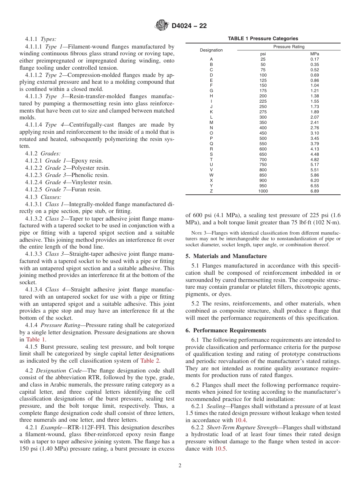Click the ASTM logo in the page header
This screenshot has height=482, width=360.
(x=162, y=25)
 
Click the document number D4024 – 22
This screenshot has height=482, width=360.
(x=189, y=26)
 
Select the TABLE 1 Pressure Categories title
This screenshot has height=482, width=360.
(x=263, y=39)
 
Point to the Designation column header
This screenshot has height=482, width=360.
(x=211, y=50)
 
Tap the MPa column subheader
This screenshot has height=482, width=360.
(x=314, y=54)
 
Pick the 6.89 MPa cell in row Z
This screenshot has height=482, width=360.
(x=314, y=191)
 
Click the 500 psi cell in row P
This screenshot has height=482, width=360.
(x=263, y=138)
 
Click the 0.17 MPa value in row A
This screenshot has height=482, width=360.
(x=314, y=59)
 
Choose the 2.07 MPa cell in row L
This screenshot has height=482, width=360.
(x=314, y=117)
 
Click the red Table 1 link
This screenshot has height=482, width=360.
(x=36, y=340)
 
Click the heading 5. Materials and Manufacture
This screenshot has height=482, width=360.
(x=226, y=256)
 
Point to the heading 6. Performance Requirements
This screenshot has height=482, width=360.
(x=226, y=330)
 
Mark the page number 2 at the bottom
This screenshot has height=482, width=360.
(x=180, y=466)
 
